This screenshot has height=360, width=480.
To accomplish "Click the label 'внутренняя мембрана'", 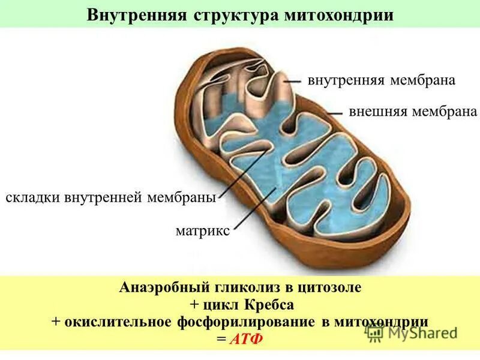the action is [x=382, y=80].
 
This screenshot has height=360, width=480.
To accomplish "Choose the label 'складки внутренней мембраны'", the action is [x=110, y=197].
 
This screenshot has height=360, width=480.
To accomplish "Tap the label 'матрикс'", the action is [x=202, y=231].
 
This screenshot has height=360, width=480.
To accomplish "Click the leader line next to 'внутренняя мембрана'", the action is [x=292, y=80].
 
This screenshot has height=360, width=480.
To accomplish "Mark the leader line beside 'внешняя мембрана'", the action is [x=335, y=112].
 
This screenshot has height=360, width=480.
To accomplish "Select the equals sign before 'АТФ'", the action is [x=221, y=339].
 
